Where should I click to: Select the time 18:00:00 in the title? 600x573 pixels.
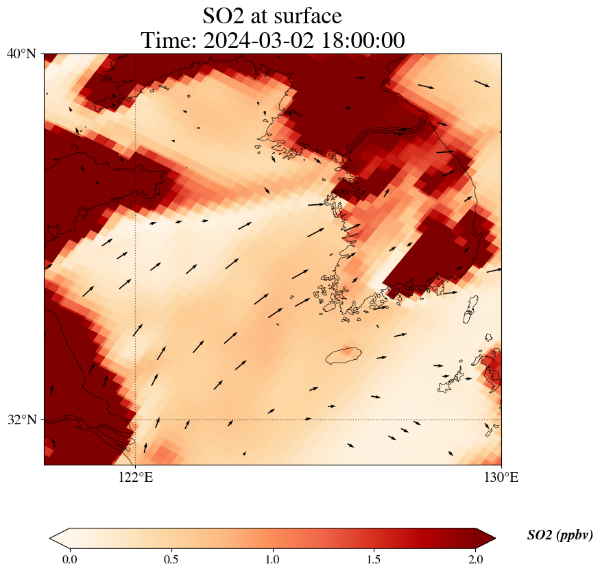361,40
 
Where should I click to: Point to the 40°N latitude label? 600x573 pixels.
21,53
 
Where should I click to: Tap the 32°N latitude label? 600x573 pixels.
21,419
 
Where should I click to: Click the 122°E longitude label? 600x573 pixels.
136,478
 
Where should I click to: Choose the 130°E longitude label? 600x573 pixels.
501,478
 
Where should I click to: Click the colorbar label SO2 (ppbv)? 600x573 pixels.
560,535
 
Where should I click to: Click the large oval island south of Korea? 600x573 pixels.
344,355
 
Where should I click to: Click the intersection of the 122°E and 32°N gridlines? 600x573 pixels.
136,419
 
